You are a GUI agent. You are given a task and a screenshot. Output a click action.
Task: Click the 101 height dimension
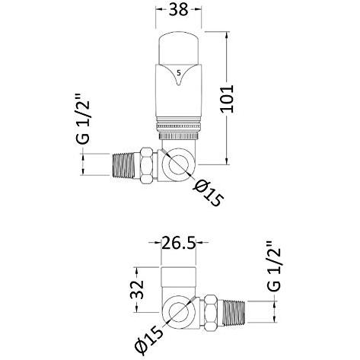(x=227, y=99)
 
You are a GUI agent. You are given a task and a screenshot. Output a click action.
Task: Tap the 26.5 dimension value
(x=179, y=243)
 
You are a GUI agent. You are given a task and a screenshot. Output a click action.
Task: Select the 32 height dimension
(x=137, y=290)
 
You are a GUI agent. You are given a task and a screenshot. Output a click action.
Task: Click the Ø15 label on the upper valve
(x=209, y=193)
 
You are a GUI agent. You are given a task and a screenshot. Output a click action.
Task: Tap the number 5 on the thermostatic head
(x=179, y=73)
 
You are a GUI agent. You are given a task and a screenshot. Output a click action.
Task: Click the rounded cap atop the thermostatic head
(x=179, y=48)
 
